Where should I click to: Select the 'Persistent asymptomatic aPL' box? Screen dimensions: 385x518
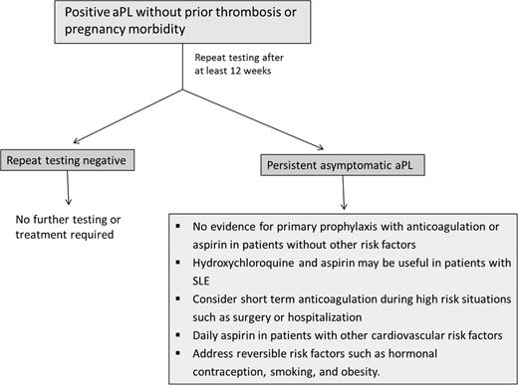339,165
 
